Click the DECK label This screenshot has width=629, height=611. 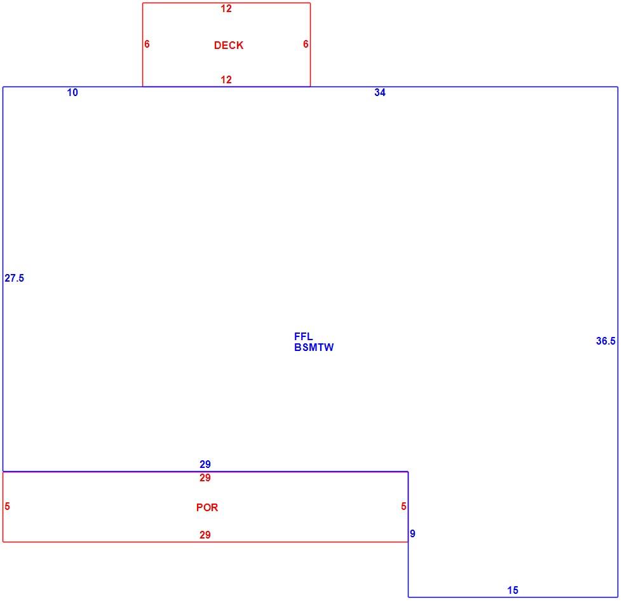[229, 45]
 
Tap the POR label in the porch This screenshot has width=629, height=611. [207, 507]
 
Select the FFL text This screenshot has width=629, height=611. [303, 336]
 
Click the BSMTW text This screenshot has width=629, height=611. [314, 347]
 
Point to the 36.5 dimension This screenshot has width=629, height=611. [605, 341]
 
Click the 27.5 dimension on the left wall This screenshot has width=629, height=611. [15, 278]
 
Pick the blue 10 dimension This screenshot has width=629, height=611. [72, 92]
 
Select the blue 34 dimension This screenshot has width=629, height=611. [380, 92]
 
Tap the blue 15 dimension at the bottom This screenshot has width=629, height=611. [513, 590]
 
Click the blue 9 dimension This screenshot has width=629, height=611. [412, 533]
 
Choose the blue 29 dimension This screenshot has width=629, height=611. [205, 464]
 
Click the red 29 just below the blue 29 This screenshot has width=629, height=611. [205, 477]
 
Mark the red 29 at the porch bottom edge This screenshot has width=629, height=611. [205, 535]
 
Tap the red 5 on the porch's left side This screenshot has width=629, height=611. [7, 506]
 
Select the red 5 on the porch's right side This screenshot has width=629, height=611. [403, 506]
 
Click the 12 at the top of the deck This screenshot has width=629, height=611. [226, 8]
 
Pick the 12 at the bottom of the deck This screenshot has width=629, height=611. [226, 79]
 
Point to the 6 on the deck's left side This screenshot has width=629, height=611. [147, 44]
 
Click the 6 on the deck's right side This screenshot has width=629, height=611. [306, 44]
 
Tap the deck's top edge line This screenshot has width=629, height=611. [226, 3]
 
